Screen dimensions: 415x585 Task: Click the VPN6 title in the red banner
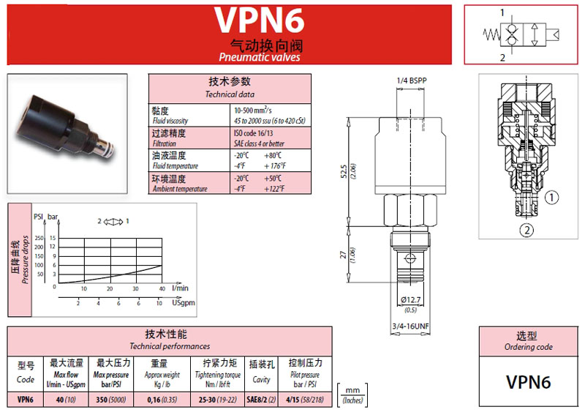[x=260, y=21]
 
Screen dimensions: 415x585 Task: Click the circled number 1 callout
[x=553, y=197]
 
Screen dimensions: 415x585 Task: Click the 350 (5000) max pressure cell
[x=113, y=400]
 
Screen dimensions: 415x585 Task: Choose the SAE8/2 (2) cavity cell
[x=261, y=400]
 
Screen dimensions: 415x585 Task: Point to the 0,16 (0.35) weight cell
[x=164, y=400]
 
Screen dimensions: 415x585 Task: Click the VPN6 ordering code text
[x=528, y=382]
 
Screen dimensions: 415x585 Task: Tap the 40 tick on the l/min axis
[x=162, y=289]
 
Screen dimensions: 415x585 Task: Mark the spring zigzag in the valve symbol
[x=490, y=34]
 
